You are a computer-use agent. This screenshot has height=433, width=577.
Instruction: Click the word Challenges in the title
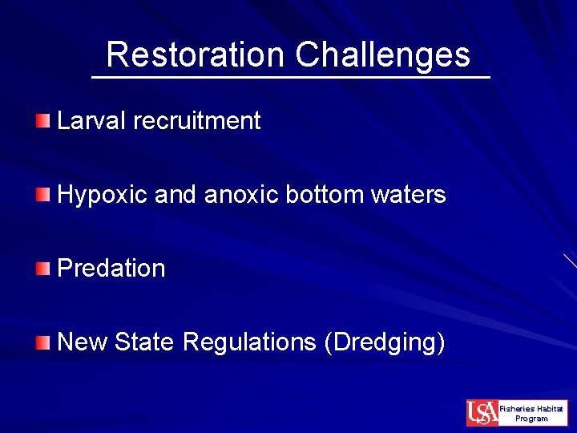[382, 55]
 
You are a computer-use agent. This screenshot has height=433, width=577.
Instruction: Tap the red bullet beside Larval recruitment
[42, 121]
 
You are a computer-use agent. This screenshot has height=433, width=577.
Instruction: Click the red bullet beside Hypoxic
[42, 194]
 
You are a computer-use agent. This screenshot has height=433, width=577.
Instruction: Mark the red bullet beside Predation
[42, 268]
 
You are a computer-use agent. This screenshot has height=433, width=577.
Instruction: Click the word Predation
[111, 268]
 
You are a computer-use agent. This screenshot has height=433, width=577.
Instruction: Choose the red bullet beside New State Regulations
[42, 342]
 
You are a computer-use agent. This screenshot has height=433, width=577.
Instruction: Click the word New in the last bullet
[83, 342]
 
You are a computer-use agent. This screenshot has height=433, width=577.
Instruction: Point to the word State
[145, 342]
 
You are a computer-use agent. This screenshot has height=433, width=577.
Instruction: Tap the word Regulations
[249, 342]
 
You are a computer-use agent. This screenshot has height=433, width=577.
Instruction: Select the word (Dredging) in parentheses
[384, 342]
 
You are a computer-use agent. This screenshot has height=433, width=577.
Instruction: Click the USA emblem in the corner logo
[482, 413]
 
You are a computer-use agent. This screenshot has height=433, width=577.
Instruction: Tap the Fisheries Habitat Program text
[531, 413]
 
